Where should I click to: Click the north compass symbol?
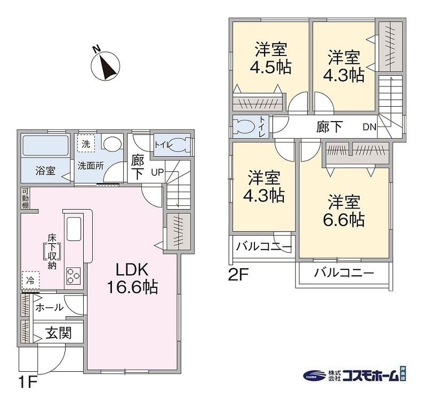[x=105, y=66]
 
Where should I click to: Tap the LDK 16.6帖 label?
[x=133, y=278]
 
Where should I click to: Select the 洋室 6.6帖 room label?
[x=344, y=210]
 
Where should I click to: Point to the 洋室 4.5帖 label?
[x=270, y=58]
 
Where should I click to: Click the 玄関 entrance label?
[x=59, y=333]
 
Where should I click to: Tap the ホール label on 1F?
[x=50, y=307]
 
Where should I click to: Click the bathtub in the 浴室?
[x=45, y=146]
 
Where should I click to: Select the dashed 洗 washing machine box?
[x=86, y=143]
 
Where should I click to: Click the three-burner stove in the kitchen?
[x=74, y=276]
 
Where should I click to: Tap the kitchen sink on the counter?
[x=74, y=229]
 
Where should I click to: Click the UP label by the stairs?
[x=157, y=172]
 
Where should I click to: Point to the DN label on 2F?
[x=370, y=127]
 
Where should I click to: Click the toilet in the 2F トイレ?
[x=244, y=126]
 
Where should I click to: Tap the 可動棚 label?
[x=25, y=198]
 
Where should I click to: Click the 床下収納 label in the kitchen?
[x=52, y=252]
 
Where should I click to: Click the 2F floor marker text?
[x=238, y=275]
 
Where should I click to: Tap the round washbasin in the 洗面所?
[x=113, y=142]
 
